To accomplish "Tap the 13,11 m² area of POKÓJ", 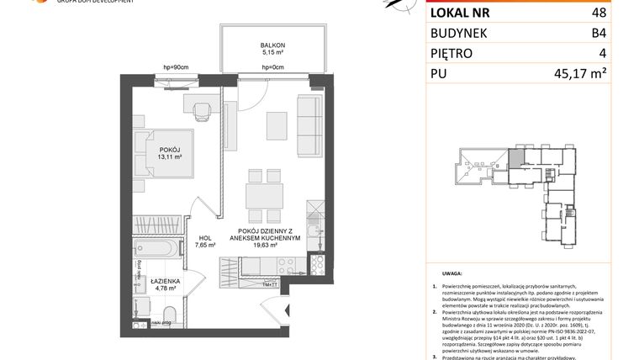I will tap(166, 156).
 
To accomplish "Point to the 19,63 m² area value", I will tap(265, 246).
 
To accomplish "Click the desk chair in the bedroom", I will tap(200, 110).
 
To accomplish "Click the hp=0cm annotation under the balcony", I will tap(272, 66).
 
